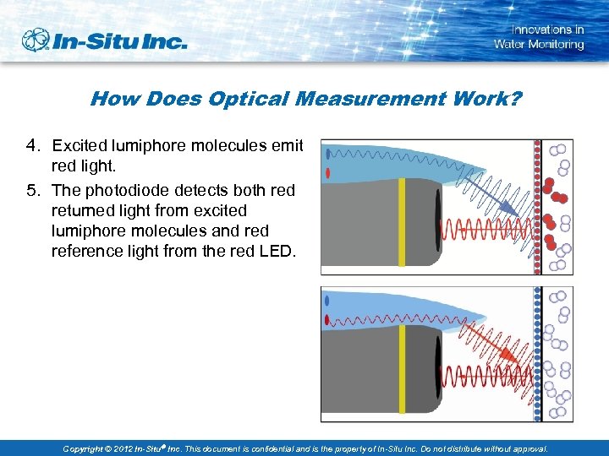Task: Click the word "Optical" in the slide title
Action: tap(245, 99)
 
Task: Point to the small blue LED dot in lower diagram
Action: tap(327, 299)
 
